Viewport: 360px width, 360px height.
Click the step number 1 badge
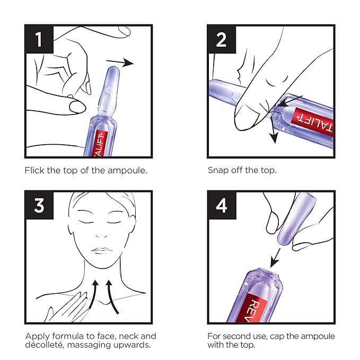click(x=39, y=39)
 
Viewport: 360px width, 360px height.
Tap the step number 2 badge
click(x=221, y=39)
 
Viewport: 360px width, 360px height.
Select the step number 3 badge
click(x=39, y=205)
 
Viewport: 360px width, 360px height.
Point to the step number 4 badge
click(x=221, y=205)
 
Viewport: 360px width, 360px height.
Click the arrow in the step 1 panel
click(x=120, y=63)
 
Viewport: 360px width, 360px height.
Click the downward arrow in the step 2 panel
click(x=273, y=128)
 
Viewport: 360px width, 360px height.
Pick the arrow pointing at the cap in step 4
click(x=275, y=258)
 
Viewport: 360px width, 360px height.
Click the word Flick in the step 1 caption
click(x=34, y=170)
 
